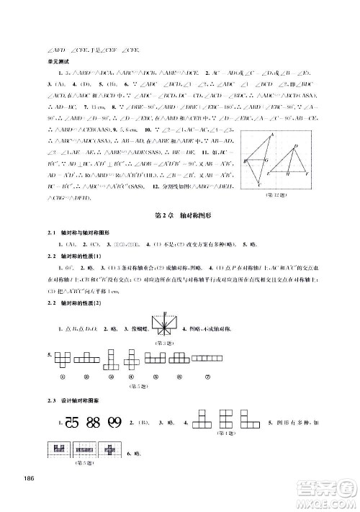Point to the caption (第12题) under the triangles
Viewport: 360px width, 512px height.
click(x=277, y=197)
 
